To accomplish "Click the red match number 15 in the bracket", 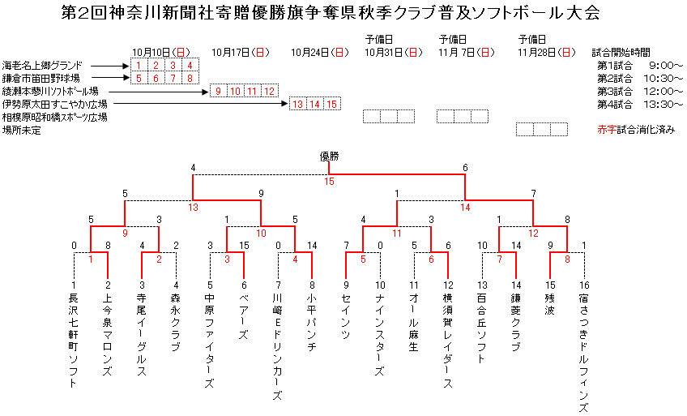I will pyautogui.click(x=329, y=182).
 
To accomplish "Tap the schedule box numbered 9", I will pyautogui.click(x=218, y=91).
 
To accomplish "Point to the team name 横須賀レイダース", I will pyautogui.click(x=448, y=341).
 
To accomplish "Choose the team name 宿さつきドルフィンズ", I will pyautogui.click(x=584, y=353).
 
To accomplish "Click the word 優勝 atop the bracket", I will pyautogui.click(x=328, y=157).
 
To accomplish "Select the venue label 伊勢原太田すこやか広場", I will pyautogui.click(x=54, y=104).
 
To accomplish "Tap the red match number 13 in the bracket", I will pyautogui.click(x=193, y=207).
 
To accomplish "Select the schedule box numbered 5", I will pyautogui.click(x=139, y=78).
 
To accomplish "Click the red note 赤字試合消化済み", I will pyautogui.click(x=635, y=130).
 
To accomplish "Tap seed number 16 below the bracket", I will pyautogui.click(x=584, y=285).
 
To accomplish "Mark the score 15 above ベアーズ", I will pyautogui.click(x=244, y=245).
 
